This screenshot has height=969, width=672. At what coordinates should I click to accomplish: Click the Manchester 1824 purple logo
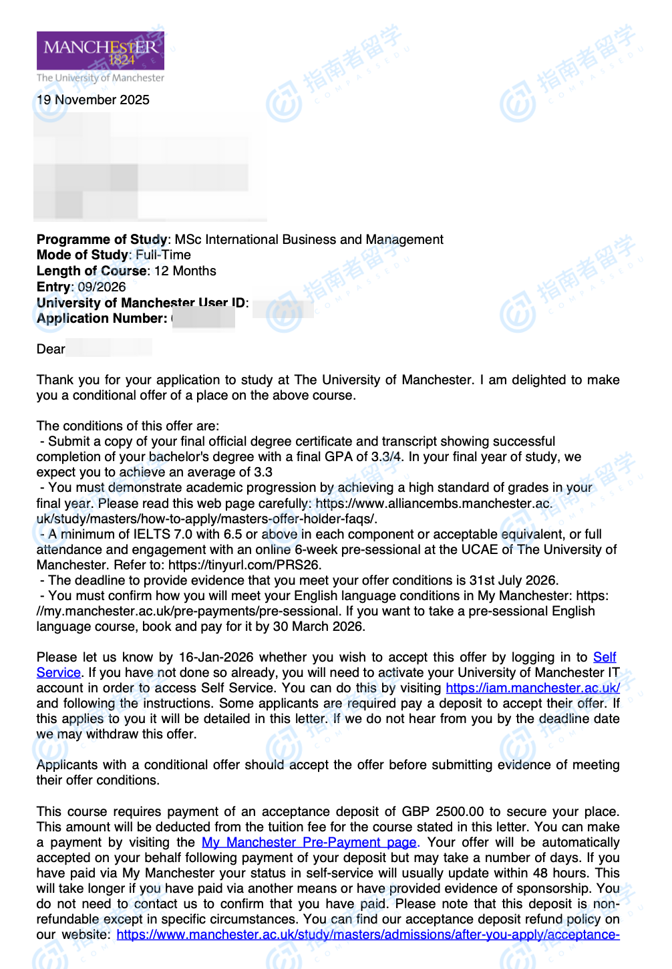(x=100, y=51)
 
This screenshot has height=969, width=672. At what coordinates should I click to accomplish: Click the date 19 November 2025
(x=93, y=100)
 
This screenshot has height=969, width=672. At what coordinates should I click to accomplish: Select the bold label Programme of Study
(x=102, y=239)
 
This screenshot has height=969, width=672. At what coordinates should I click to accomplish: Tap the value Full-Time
(x=163, y=255)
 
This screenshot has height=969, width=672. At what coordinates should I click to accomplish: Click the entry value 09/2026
(x=102, y=287)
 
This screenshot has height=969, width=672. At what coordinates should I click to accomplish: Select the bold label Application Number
(x=102, y=318)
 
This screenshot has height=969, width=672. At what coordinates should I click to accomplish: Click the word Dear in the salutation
(x=51, y=349)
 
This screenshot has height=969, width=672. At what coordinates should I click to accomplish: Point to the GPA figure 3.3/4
(x=383, y=456)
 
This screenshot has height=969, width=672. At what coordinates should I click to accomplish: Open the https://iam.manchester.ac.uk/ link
(x=532, y=688)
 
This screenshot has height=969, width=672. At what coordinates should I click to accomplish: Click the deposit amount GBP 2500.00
(x=442, y=811)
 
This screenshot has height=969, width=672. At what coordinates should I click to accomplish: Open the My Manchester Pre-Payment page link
(x=309, y=842)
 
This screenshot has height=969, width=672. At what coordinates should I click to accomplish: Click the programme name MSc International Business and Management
(x=309, y=239)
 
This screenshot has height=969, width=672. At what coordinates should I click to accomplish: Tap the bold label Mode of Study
(x=82, y=255)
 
